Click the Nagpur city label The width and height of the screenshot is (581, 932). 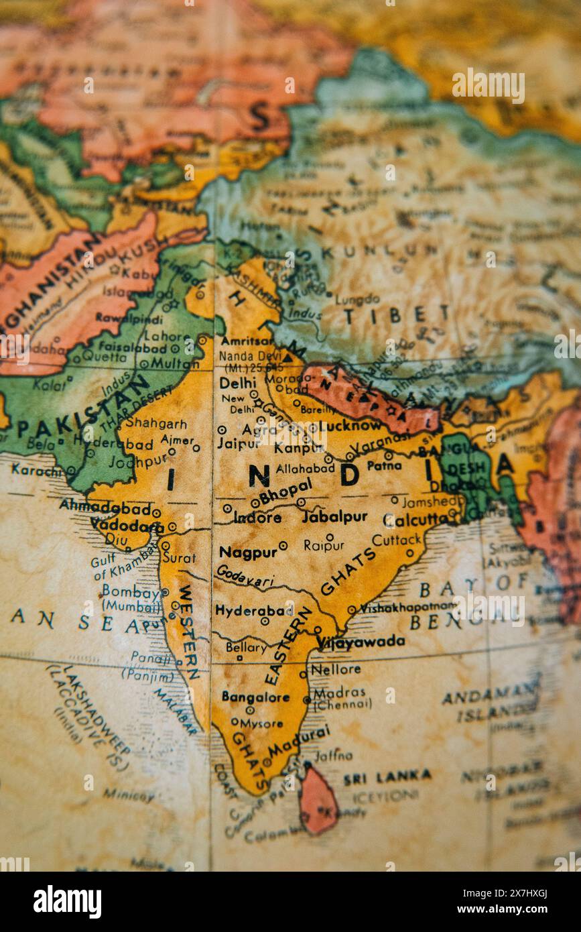pyautogui.click(x=247, y=552)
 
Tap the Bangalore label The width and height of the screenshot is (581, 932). pyautogui.click(x=255, y=697)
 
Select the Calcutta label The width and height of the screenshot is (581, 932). pyautogui.click(x=415, y=520)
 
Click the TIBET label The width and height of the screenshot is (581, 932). pyautogui.click(x=396, y=314)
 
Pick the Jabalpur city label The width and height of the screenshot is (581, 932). pyautogui.click(x=334, y=517)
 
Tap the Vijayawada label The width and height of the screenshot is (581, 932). pyautogui.click(x=361, y=642)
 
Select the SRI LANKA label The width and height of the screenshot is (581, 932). pyautogui.click(x=387, y=778)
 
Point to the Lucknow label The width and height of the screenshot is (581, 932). pyautogui.click(x=350, y=426)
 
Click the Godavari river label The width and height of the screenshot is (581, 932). pyautogui.click(x=245, y=575)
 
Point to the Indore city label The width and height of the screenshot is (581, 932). pyautogui.click(x=257, y=518)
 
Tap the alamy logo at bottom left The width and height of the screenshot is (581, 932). pyautogui.click(x=67, y=902)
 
